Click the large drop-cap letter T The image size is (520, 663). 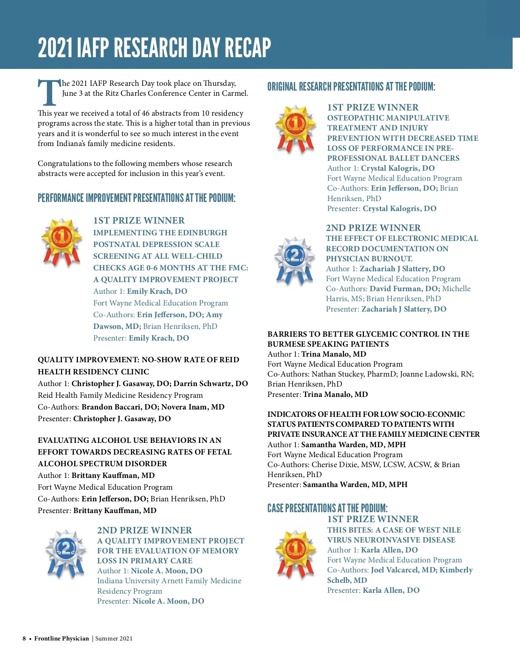point(49,92)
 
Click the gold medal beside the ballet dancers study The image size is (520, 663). point(296,128)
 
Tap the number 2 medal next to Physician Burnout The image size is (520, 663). point(295,260)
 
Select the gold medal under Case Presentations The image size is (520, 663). point(296,553)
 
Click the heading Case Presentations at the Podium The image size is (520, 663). point(327,508)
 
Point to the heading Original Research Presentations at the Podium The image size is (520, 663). point(351,87)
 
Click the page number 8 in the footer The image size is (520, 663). point(24,638)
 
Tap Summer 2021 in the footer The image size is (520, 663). point(114,638)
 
